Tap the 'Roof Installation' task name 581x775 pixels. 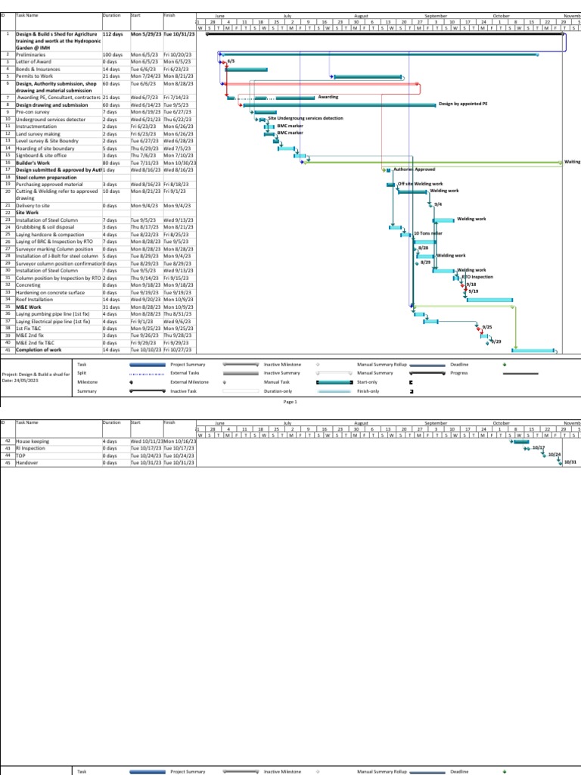click(37, 300)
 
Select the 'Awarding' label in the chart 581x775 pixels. click(328, 97)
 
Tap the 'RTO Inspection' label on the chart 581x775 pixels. click(477, 278)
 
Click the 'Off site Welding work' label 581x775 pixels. click(420, 183)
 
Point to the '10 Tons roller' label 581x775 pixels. click(427, 234)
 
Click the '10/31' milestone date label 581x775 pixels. click(570, 462)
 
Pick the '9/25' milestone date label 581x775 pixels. click(487, 327)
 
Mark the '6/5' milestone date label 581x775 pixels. click(231, 61)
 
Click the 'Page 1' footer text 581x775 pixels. click(290, 402)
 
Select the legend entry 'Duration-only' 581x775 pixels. click(368, 391)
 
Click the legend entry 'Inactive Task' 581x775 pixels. click(183, 391)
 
